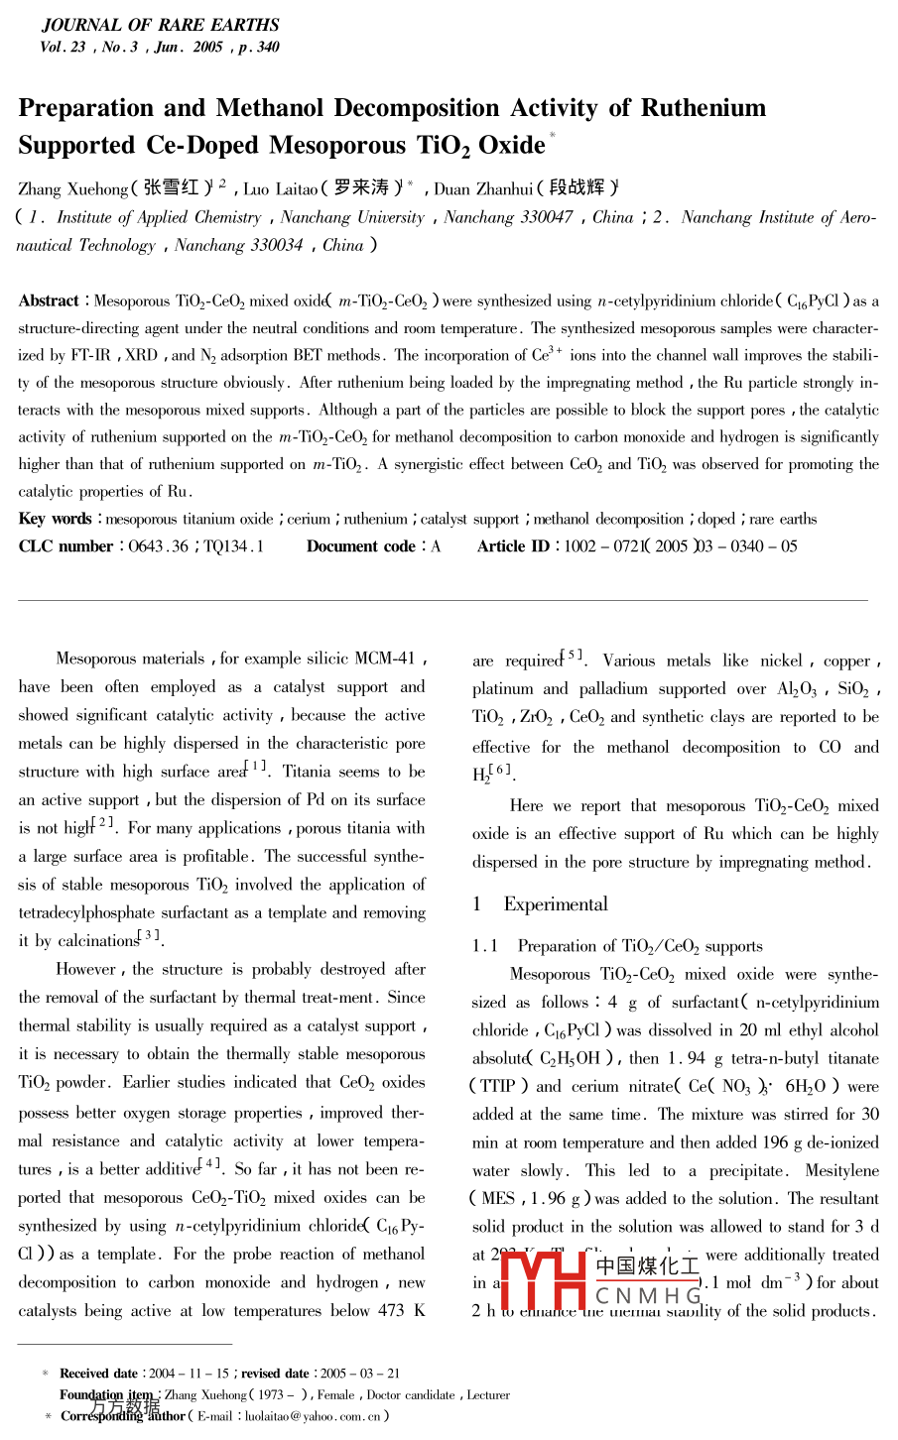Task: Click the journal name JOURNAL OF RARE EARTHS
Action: pos(160,25)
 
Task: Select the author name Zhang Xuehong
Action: pos(72,189)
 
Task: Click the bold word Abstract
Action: pos(48,301)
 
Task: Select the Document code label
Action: pos(360,546)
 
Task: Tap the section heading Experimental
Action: pos(556,904)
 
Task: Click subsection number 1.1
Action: pos(485,947)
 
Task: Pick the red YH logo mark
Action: pos(544,1280)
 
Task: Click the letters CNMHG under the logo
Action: pos(648,1295)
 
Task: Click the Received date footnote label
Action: pos(98,1374)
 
